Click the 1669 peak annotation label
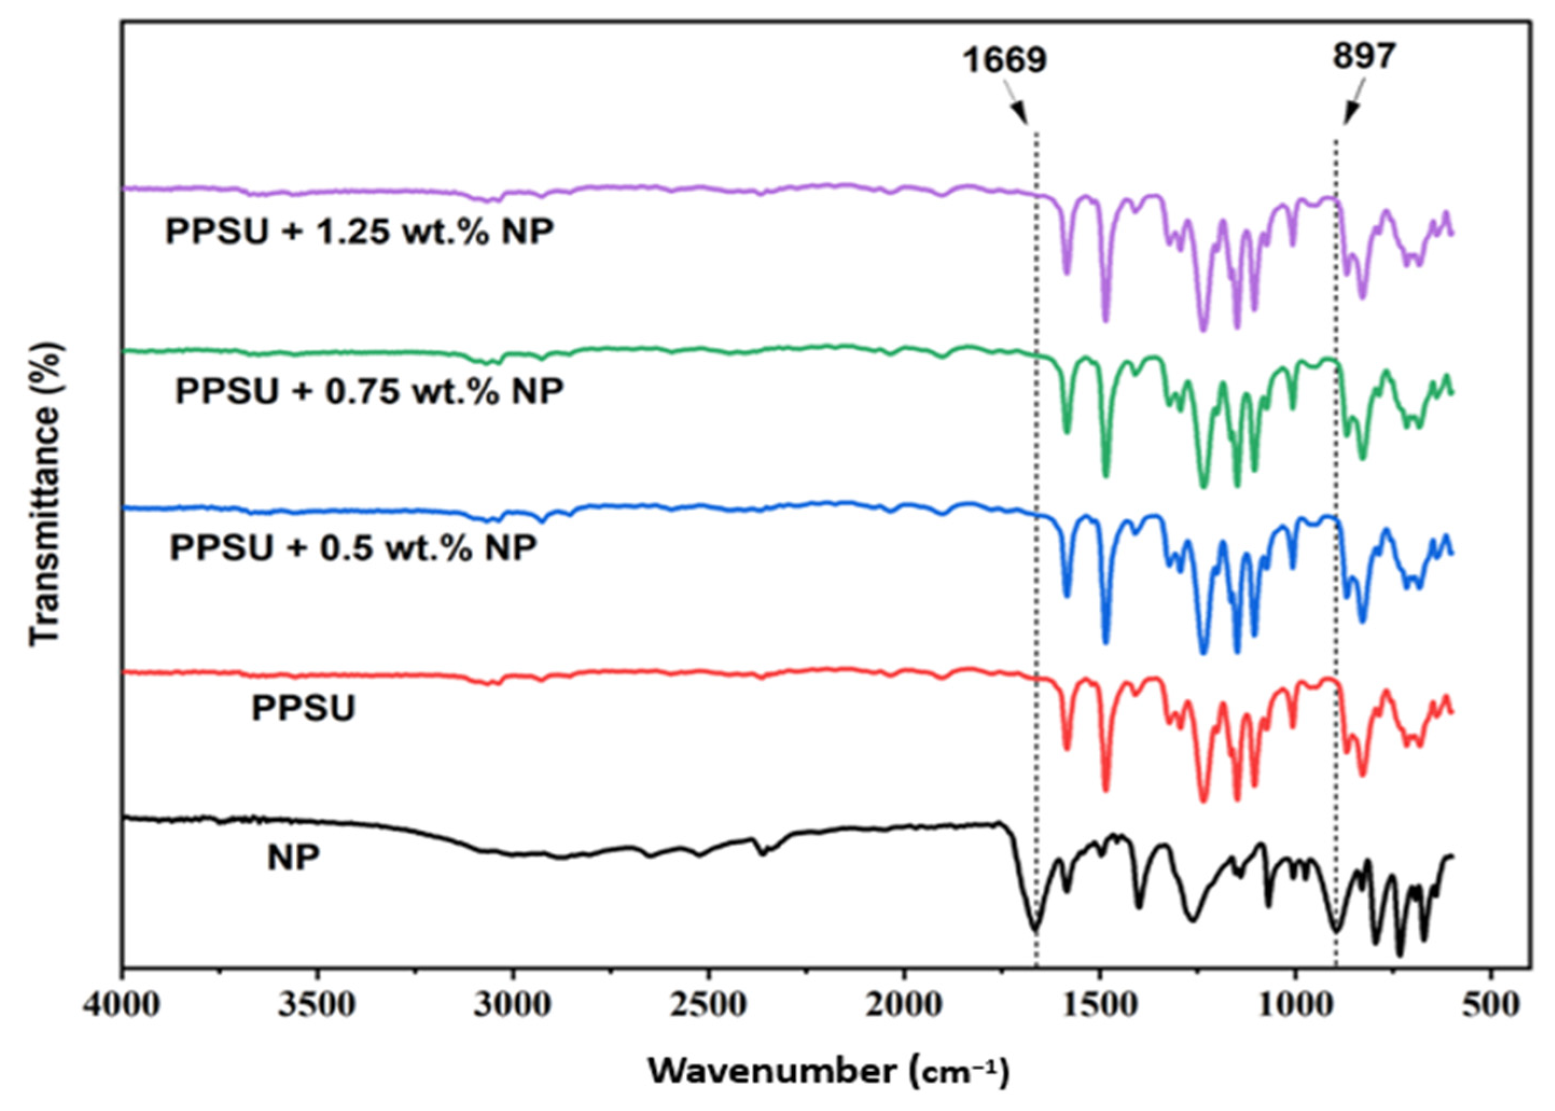coord(1005,61)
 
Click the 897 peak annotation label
coord(1363,56)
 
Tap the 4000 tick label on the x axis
coord(123,1007)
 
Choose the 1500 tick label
coord(1099,1007)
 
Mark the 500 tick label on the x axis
coord(1490,1007)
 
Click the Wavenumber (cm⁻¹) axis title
coord(828,1071)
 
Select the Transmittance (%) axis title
coord(46,494)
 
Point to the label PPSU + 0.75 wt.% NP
coord(369,392)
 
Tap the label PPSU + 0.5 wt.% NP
coord(353,549)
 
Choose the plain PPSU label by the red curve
coord(304,709)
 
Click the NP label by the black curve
coord(294,858)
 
